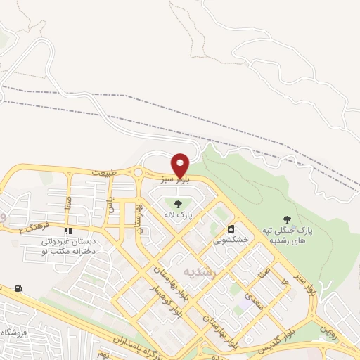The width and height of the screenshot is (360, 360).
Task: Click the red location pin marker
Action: pos(181,165)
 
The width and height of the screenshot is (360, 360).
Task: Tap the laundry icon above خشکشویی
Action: pos(230,229)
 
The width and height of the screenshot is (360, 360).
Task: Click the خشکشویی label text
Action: pos(231,240)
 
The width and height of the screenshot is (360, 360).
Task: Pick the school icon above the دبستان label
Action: pos(68,231)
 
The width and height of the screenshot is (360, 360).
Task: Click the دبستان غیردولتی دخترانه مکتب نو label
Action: pos(69,246)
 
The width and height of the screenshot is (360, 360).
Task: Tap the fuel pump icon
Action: pos(18,288)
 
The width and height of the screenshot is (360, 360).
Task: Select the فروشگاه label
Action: pos(14,332)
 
